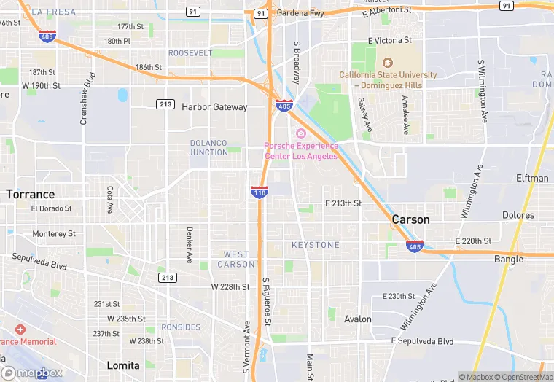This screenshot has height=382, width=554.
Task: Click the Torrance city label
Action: tap(31, 195)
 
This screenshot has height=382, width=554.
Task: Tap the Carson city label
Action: tap(410, 219)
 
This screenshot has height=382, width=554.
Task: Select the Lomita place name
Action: tap(122, 365)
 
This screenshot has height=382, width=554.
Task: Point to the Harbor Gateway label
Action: tap(214, 107)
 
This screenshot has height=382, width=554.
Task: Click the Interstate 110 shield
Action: tap(260, 192)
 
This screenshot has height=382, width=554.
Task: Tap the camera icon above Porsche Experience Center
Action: tap(300, 133)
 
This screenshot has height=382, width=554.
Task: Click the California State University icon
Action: tap(387, 63)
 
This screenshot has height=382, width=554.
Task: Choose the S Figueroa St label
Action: tap(268, 302)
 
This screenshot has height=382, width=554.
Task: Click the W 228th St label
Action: tap(230, 287)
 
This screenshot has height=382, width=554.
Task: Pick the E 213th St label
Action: tap(343, 203)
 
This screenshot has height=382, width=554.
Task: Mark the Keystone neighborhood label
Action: tap(316, 245)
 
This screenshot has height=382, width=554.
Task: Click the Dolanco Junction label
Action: tap(208, 147)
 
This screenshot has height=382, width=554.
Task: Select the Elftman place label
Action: tap(532, 179)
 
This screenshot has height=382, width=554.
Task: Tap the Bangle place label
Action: tap(509, 259)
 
